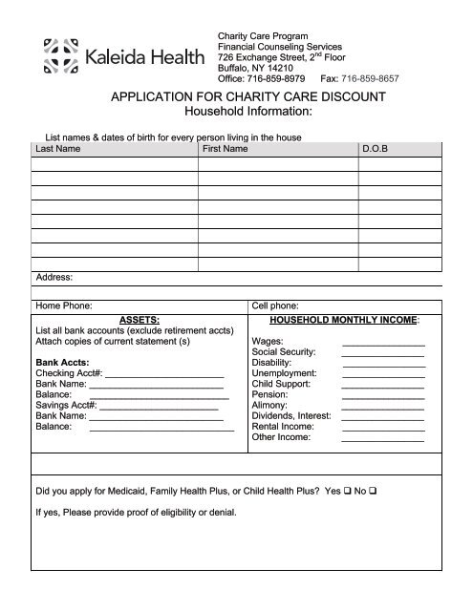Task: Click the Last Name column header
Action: (x=57, y=150)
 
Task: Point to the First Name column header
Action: (x=226, y=150)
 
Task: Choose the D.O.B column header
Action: (x=375, y=150)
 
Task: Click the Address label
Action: (x=54, y=278)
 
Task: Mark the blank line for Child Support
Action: (x=383, y=382)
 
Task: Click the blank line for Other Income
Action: (x=383, y=439)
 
